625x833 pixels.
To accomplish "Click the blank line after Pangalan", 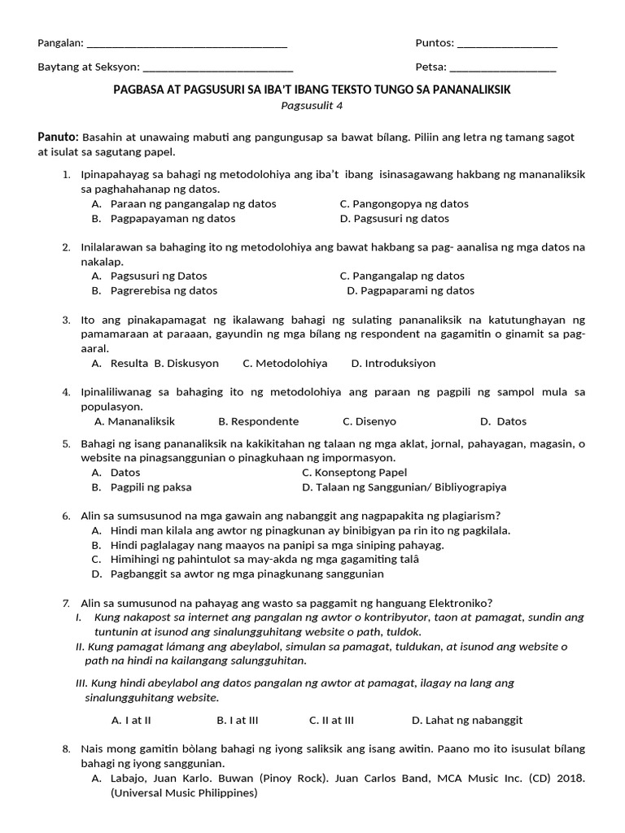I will pos(186,45).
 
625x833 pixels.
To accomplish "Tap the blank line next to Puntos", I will pos(507,45).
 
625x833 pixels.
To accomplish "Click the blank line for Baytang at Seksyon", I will pos(217,68).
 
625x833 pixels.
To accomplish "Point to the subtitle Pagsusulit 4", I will pos(312,105).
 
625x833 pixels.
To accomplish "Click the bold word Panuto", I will pos(58,136).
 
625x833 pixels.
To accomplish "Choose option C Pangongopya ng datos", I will pos(404,203).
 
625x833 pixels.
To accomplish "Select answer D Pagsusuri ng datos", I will pos(395,218).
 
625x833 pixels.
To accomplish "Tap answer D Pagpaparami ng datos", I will pos(410,290).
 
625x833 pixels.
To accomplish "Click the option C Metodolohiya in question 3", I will pos(285,364).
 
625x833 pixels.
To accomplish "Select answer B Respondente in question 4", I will pos(258,421).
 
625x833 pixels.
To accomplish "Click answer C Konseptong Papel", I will pos(354,473).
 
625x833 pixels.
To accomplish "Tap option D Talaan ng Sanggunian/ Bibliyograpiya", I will pos(404,487).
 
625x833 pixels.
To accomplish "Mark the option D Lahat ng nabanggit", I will pos(467,720).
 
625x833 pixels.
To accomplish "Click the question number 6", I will pos(66,516).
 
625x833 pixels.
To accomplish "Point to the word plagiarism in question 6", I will pos(467,516).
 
